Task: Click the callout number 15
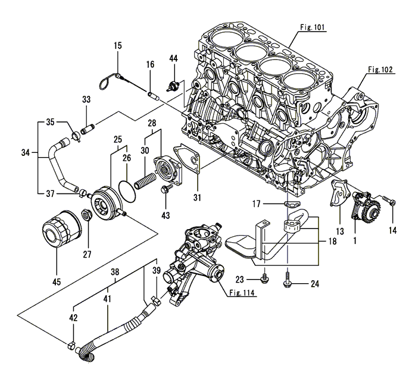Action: pyautogui.click(x=117, y=45)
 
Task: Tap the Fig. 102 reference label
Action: pyautogui.click(x=380, y=70)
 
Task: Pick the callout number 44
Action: pyautogui.click(x=173, y=58)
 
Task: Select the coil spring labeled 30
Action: pyautogui.click(x=145, y=176)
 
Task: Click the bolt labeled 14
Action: pyautogui.click(x=390, y=203)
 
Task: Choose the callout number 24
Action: pyautogui.click(x=315, y=284)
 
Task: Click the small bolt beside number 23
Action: pyautogui.click(x=265, y=277)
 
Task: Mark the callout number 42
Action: pyautogui.click(x=73, y=318)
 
